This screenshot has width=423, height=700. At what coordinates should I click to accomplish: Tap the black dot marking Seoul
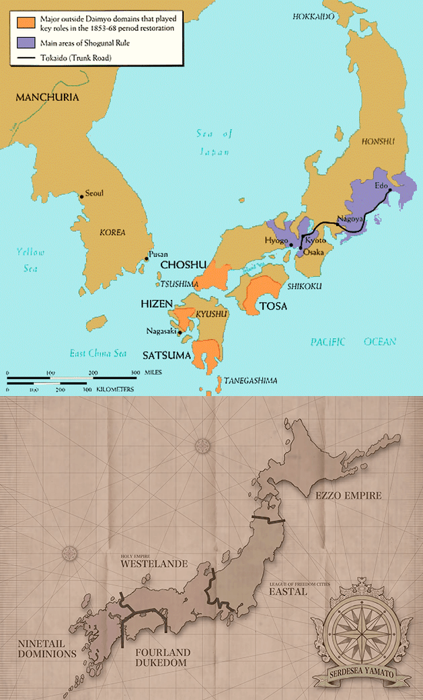[81, 196]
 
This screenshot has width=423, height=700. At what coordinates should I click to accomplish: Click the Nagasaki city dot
[180, 332]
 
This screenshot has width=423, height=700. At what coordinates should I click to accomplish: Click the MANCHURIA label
[47, 98]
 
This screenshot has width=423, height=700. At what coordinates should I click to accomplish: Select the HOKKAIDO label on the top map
[313, 16]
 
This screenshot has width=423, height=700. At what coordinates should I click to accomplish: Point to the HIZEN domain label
[157, 304]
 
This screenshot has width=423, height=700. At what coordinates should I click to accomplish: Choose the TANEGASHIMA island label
[251, 381]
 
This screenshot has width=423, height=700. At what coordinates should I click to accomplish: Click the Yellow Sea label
[31, 259]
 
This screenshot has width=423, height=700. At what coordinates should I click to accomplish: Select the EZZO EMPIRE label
[348, 496]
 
